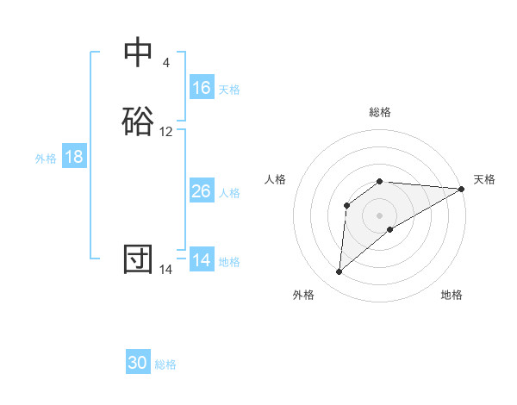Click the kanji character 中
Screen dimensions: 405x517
[139, 53]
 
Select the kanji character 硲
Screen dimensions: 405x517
[139, 121]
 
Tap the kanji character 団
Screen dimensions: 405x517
[139, 259]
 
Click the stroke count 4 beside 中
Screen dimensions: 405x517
[165, 63]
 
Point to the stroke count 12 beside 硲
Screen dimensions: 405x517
[166, 132]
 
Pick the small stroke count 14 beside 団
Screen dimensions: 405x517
[166, 270]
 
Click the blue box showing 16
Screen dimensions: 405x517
[202, 88]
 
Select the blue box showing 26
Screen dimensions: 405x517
[202, 191]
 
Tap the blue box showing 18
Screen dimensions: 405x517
[74, 157]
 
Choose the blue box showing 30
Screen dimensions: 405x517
[138, 363]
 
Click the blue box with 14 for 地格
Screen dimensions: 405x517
[202, 260]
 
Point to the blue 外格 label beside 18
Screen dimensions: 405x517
[46, 159]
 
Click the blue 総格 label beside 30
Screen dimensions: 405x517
[165, 364]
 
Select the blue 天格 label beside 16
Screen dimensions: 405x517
[229, 90]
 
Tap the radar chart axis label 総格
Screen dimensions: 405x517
[380, 112]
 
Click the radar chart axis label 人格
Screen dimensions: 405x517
[275, 179]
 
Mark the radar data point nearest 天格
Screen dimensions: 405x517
[462, 189]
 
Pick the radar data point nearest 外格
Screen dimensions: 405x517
[339, 272]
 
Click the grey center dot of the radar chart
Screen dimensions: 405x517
[380, 215]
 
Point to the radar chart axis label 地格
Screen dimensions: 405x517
[452, 295]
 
